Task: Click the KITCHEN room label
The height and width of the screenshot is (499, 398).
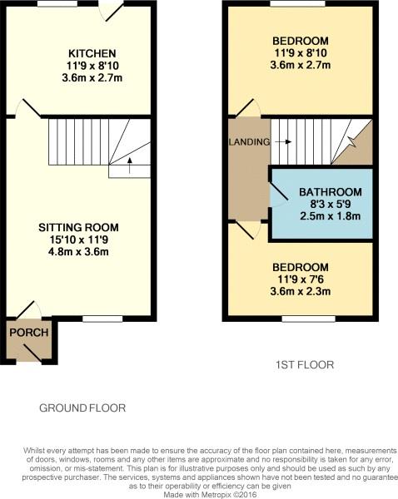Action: (x=92, y=53)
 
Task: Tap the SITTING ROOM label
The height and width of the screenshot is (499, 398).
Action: (x=79, y=228)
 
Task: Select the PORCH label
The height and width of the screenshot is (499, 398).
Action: (x=29, y=333)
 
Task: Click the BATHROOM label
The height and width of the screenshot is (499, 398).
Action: (x=331, y=192)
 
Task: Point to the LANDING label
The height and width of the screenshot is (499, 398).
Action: (x=250, y=142)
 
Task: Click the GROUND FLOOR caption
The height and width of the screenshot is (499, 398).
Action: (x=82, y=408)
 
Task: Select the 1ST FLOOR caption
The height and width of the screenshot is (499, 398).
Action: (x=305, y=365)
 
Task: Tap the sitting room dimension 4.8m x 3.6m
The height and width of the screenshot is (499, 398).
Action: (x=79, y=252)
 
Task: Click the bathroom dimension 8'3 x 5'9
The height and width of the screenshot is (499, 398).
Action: (x=331, y=204)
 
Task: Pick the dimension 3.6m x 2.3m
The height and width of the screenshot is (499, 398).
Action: (x=301, y=291)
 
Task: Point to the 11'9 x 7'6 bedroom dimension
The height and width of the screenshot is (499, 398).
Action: (x=301, y=279)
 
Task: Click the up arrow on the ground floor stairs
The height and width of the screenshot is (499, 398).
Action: (x=129, y=166)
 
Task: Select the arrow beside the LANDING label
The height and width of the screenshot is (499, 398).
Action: (x=283, y=141)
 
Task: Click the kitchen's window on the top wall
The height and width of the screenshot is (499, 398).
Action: (x=57, y=4)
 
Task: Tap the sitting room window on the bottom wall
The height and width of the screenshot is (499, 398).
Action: (x=102, y=319)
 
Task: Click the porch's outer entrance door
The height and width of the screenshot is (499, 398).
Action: (x=32, y=353)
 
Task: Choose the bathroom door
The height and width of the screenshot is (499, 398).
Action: (x=279, y=191)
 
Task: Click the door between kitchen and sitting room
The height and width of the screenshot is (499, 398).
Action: (x=32, y=108)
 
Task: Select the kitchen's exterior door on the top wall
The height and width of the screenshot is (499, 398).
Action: (x=114, y=13)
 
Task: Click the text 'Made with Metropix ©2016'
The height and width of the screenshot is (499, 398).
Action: (x=210, y=495)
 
